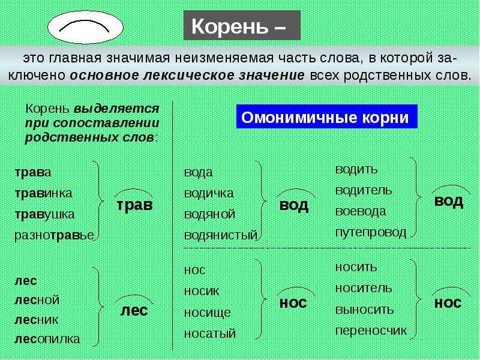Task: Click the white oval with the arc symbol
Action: point(85,27)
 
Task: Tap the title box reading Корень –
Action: point(242,25)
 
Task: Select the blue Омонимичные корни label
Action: point(326,116)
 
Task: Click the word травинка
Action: point(43,193)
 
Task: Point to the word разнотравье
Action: point(54,235)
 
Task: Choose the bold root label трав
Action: point(134,205)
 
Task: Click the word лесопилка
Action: point(47,339)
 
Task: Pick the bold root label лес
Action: point(134,310)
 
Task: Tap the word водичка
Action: point(209,193)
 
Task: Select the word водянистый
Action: point(221,235)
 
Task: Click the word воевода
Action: point(361,211)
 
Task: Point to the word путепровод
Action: point(371,233)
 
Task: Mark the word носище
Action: point(207,313)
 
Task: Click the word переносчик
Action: point(371,331)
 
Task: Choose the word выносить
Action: point(364,310)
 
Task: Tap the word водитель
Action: point(364,190)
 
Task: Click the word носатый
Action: point(210,334)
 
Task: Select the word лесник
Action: point(36,320)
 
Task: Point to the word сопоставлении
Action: point(106,123)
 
